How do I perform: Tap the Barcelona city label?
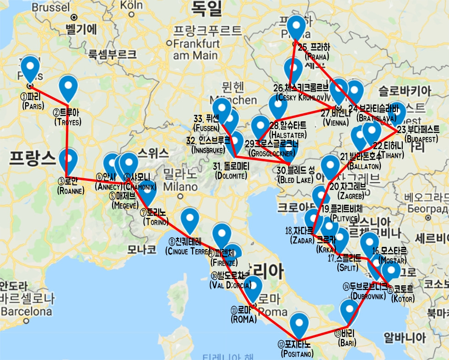pos(26,312)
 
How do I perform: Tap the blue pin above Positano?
pos(299,324)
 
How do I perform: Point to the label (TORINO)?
pos(156,222)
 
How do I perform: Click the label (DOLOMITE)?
pos(231,175)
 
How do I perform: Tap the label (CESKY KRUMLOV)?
pos(301,98)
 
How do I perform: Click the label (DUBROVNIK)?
pos(369,296)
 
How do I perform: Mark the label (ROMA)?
pos(244,319)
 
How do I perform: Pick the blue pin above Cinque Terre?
pos(189,219)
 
